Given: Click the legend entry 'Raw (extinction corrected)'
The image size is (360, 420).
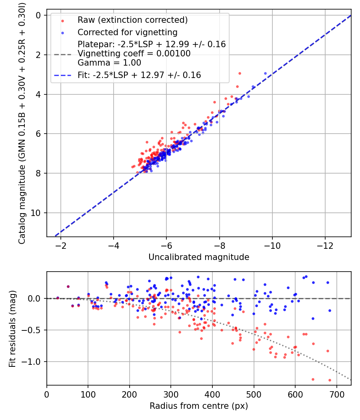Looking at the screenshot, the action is click(x=132, y=20).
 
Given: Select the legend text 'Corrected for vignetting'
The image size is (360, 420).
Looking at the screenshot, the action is click(x=128, y=32).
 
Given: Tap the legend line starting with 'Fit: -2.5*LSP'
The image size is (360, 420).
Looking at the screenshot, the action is click(x=139, y=75).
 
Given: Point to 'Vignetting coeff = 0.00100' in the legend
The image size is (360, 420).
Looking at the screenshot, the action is click(x=134, y=54).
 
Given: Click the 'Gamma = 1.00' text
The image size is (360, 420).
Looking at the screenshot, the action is click(x=109, y=63).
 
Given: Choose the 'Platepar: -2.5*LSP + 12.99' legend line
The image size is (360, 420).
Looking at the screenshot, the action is click(x=152, y=44).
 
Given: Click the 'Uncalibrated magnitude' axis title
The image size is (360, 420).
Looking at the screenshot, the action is click(x=199, y=257).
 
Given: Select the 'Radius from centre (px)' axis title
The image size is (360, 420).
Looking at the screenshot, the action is click(x=199, y=406).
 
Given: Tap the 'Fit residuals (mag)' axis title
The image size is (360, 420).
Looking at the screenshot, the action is click(x=12, y=329).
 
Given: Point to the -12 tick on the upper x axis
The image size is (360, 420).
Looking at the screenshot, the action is click(x=325, y=245).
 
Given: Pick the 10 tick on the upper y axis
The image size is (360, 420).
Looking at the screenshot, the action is click(x=36, y=213).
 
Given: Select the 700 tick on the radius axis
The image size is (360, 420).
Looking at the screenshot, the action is click(x=337, y=394).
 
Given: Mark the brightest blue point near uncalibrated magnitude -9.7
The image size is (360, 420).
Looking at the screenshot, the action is click(x=265, y=73).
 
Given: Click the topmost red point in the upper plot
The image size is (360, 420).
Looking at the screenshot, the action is click(x=240, y=73).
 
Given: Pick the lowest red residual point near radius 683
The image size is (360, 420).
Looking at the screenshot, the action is click(x=330, y=380).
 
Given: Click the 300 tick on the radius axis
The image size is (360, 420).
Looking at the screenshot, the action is click(x=171, y=394).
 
